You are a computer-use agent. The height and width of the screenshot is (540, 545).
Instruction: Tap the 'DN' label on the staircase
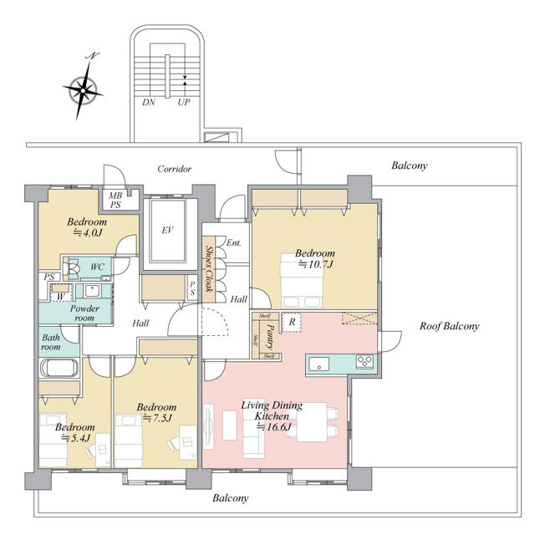tap(149, 102)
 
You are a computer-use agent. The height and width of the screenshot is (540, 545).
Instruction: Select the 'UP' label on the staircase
tap(184, 102)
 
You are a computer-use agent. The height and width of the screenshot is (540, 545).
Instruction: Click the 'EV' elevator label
tap(167, 230)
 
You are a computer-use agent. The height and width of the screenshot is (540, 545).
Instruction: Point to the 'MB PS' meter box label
tap(115, 200)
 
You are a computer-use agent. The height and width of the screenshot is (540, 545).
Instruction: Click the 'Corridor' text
tap(174, 169)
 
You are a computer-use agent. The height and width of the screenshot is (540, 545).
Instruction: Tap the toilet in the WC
tap(72, 268)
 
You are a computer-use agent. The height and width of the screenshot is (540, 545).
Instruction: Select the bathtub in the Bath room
tap(59, 368)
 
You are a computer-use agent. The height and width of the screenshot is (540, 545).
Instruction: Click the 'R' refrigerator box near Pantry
tap(292, 322)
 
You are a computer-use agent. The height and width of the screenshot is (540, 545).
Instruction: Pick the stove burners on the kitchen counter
tap(364, 361)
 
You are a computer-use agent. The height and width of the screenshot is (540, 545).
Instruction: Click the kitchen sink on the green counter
tap(319, 364)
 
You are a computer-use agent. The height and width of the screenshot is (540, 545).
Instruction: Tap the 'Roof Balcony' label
tap(450, 326)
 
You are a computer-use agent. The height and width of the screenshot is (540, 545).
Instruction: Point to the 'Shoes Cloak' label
tap(209, 269)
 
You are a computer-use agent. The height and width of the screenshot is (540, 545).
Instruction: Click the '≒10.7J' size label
tap(316, 264)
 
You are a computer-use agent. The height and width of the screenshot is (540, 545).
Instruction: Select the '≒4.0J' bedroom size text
tap(87, 233)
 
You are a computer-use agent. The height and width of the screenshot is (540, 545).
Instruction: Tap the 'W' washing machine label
tap(61, 297)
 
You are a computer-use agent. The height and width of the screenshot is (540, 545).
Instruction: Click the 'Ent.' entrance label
tap(233, 242)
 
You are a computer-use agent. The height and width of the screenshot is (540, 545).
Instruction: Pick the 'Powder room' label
tap(84, 313)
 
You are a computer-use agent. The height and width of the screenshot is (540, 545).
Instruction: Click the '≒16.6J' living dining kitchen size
tap(273, 426)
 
